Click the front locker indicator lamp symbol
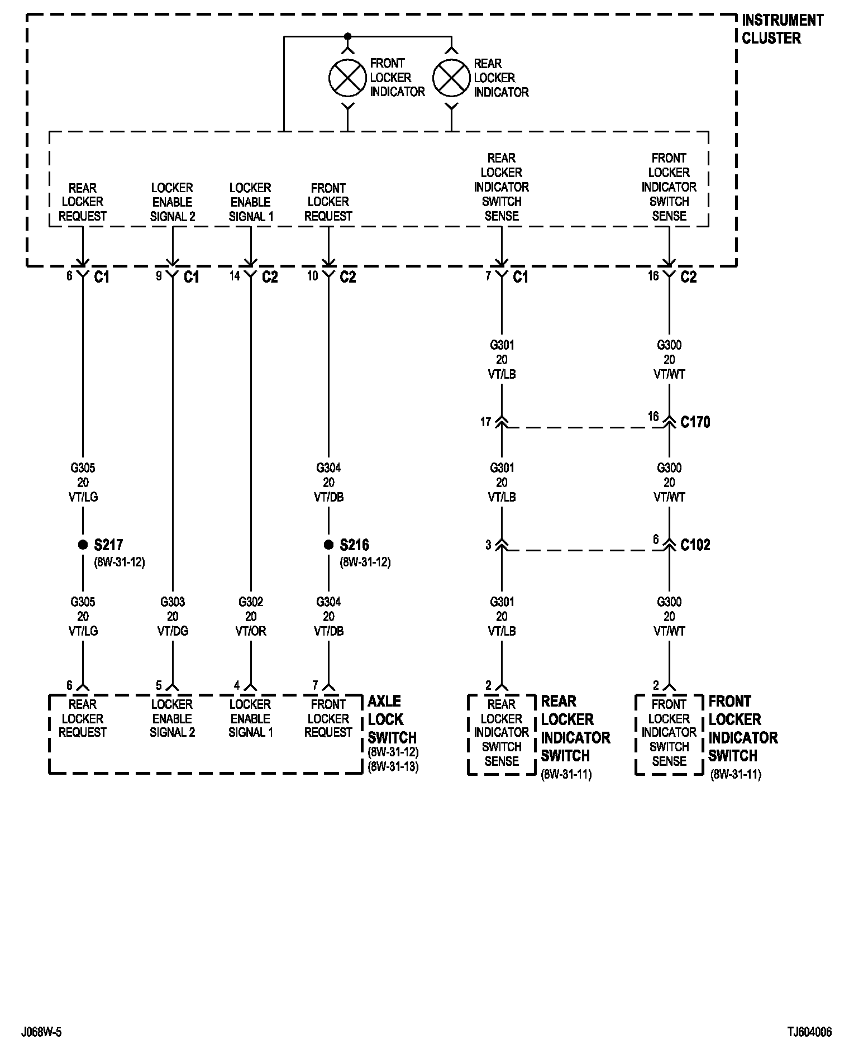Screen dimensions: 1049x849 [x=347, y=78]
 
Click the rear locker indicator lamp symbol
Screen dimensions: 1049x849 [x=451, y=78]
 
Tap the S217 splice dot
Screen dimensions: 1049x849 [x=83, y=545]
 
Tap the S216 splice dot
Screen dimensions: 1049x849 [x=328, y=545]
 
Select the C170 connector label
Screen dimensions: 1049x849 [x=695, y=422]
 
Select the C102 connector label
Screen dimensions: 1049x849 [x=695, y=545]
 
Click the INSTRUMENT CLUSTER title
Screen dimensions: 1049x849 [x=782, y=29]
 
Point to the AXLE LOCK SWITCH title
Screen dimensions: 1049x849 [x=392, y=719]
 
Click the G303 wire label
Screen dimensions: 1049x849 [x=173, y=602]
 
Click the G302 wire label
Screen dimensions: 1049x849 [x=251, y=602]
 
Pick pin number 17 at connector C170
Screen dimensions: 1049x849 [x=485, y=422]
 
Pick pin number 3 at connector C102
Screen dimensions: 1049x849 [x=488, y=545]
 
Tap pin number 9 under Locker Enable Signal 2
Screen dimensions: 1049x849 [x=159, y=275]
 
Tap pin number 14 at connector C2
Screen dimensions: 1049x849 [x=235, y=275]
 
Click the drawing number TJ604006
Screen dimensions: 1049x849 [x=809, y=1032]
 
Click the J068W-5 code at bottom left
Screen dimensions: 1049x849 [x=41, y=1032]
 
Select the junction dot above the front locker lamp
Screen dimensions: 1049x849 [x=347, y=37]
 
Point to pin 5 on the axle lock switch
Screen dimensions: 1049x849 [x=159, y=685]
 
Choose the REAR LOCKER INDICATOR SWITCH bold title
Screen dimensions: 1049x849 [x=575, y=728]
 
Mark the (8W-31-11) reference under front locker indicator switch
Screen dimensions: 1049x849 [x=735, y=775]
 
